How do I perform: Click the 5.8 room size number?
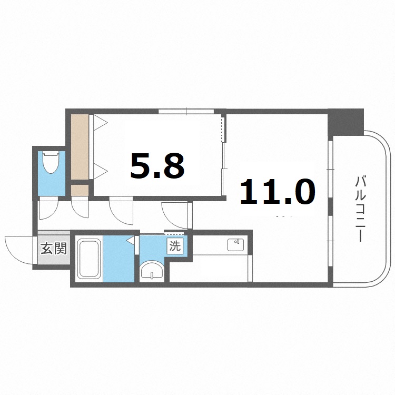click(157, 166)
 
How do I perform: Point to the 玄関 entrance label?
click(54, 248)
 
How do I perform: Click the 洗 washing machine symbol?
click(175, 245)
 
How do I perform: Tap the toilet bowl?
click(51, 162)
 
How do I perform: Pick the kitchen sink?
click(234, 245)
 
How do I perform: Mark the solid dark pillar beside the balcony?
click(346, 122)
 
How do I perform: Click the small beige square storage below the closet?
click(80, 190)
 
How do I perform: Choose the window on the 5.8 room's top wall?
click(186, 111)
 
